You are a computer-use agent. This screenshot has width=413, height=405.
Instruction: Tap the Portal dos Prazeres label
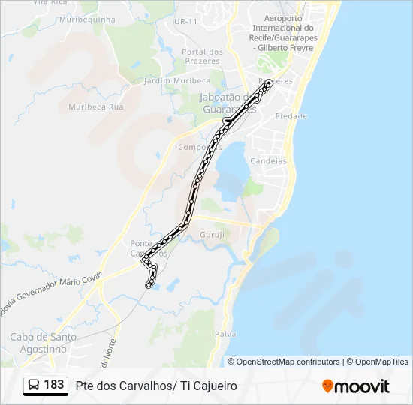(203, 56)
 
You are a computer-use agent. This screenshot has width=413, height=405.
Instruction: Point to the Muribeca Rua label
(96, 106)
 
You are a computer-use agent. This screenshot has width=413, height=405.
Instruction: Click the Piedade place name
(291, 116)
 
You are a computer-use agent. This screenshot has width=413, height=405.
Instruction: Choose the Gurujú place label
(212, 235)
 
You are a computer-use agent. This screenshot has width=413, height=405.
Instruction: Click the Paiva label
(225, 333)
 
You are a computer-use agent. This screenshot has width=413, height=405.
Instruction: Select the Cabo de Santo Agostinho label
(43, 343)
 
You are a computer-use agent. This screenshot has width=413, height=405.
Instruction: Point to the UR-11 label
(185, 21)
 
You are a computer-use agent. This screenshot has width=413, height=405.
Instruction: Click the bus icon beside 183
(35, 385)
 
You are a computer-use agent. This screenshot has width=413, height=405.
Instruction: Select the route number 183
(54, 385)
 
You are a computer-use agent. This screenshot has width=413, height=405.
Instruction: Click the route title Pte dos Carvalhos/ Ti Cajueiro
(156, 385)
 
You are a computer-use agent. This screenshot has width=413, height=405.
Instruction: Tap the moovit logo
(356, 385)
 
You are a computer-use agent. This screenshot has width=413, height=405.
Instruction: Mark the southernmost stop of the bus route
(149, 285)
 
